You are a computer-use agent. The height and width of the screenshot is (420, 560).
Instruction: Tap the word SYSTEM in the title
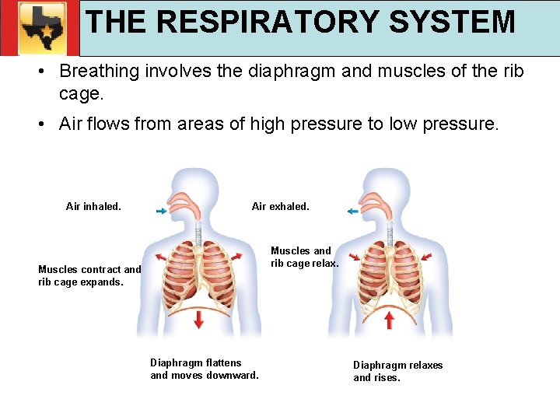click(x=452, y=22)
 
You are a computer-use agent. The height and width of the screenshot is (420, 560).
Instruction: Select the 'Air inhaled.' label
click(x=93, y=207)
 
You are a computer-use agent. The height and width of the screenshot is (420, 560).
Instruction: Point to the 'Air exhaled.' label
click(x=280, y=207)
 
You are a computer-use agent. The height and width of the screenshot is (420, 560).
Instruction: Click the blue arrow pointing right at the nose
click(x=161, y=212)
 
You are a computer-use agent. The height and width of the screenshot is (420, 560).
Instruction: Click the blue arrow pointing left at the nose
click(x=352, y=212)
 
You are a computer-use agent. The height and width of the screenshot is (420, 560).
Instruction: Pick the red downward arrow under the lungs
click(x=199, y=319)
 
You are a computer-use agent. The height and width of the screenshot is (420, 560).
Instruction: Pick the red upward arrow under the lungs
click(x=390, y=319)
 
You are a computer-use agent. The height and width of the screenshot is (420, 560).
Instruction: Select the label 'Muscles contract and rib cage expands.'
click(x=89, y=276)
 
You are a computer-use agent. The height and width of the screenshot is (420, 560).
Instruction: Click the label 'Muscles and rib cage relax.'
click(x=304, y=257)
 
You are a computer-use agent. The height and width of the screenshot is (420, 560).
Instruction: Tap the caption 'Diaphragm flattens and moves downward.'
click(x=204, y=369)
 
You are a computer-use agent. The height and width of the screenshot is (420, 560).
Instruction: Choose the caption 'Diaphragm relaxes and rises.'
click(x=397, y=372)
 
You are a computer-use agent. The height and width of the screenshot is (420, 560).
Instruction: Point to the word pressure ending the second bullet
click(x=459, y=124)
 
